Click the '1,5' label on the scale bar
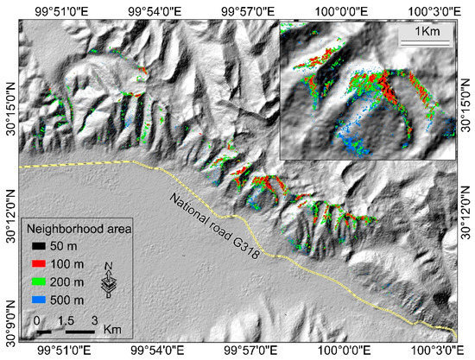click(64, 319)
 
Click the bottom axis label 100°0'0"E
click(339, 351)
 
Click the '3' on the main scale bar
click(94, 319)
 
